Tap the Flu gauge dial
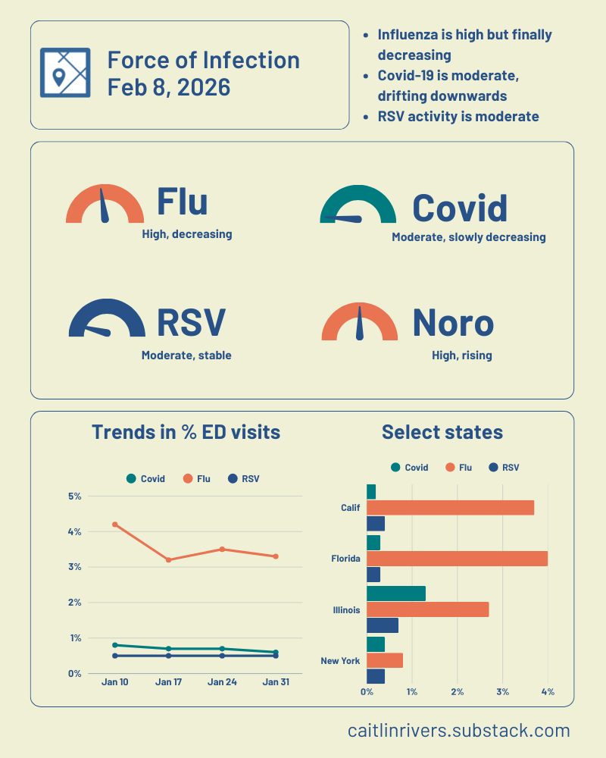tap(105, 205)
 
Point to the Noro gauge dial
tap(360, 323)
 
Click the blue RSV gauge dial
tap(106, 319)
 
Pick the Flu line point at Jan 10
tap(115, 525)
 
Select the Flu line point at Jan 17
tap(168, 560)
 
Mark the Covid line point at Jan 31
tap(275, 653)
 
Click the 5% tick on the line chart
tap(75, 496)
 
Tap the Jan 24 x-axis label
tap(222, 682)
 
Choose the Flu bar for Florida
tap(457, 559)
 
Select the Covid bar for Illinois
tap(395, 594)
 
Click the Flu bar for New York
tap(385, 661)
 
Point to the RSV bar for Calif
tap(376, 524)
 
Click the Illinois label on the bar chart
tap(346, 610)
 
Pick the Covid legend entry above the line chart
tap(146, 479)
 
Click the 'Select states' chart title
tap(442, 432)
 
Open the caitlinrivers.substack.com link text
tap(459, 731)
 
